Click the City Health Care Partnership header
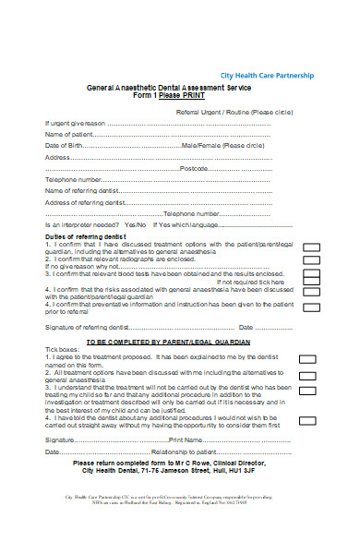(x=266, y=75)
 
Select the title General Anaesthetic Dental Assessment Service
(x=168, y=86)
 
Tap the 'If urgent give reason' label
(x=77, y=122)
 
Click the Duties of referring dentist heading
(x=86, y=237)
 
